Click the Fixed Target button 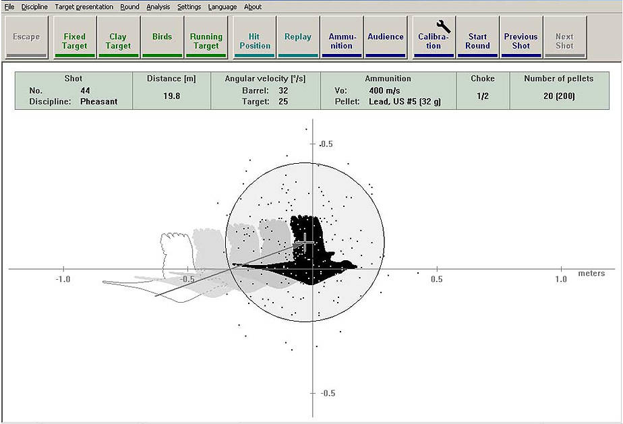[75, 37]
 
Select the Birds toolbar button [162, 37]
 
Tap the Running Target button [206, 37]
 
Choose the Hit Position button [255, 37]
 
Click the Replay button [298, 37]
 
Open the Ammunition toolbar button [342, 37]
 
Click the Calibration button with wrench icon [434, 37]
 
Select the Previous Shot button [521, 37]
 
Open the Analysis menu [158, 7]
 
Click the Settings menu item [189, 7]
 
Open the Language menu [222, 7]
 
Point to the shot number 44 [85, 90]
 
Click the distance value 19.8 [172, 96]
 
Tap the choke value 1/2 [483, 96]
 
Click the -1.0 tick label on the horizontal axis [63, 279]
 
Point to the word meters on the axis [591, 274]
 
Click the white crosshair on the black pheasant [305, 242]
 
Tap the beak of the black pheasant [355, 266]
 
